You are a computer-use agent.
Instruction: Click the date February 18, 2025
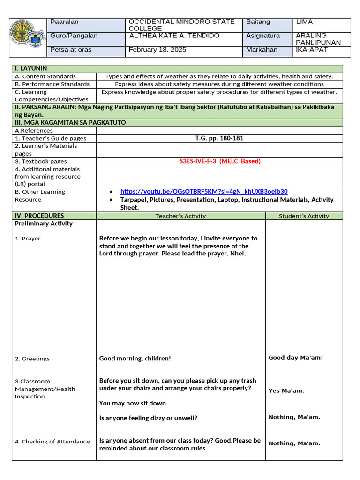tap(157, 50)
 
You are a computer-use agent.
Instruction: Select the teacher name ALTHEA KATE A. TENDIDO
tap(174, 36)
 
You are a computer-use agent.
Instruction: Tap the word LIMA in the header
tap(305, 22)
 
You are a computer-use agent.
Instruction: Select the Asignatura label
tap(262, 36)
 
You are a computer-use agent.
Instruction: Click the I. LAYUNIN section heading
tap(31, 68)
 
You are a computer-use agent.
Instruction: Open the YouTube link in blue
tap(204, 191)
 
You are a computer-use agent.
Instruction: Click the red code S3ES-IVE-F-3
tap(220, 161)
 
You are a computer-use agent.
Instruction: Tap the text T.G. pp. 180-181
tap(219, 138)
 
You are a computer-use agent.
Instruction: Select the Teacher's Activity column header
tap(180, 216)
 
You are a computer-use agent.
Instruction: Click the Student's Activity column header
tap(304, 216)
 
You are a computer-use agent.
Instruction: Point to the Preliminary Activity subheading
tap(44, 224)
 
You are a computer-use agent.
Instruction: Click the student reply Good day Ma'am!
tap(296, 358)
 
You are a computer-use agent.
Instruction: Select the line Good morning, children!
tap(135, 359)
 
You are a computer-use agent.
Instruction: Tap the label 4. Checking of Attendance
tap(52, 442)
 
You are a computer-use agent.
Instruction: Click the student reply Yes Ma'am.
tap(286, 390)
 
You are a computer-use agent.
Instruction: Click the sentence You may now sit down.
tap(133, 403)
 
